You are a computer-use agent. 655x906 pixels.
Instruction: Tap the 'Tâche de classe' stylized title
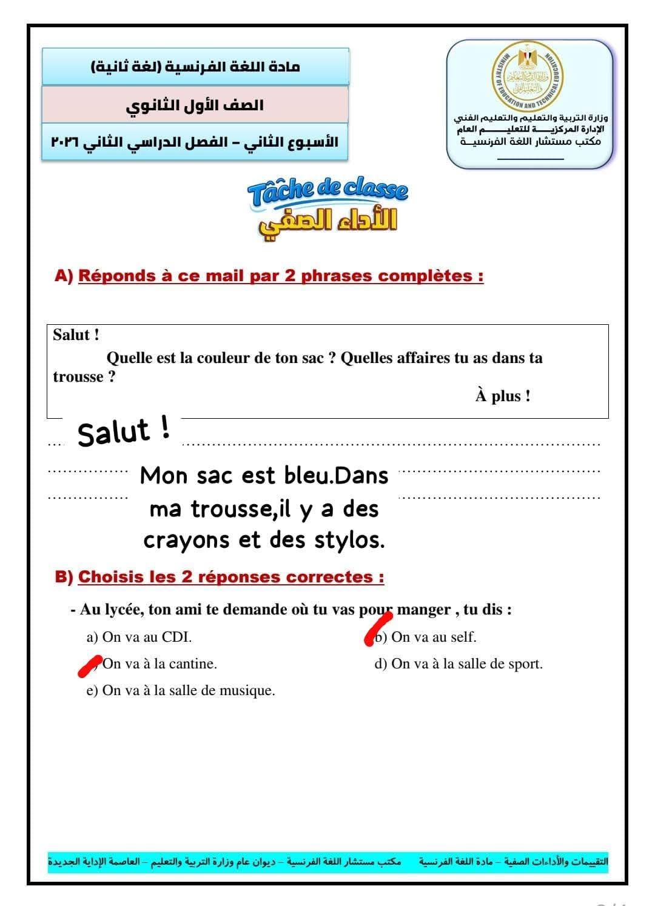pos(327,193)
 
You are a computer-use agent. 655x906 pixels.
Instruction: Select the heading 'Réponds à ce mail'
pos(281,276)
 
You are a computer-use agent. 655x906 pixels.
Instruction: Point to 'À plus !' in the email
pos(503,396)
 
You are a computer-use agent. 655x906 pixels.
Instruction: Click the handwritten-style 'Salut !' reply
pos(124,432)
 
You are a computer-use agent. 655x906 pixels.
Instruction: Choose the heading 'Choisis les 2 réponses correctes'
pos(230,577)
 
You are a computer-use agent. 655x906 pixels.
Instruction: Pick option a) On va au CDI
pos(139,637)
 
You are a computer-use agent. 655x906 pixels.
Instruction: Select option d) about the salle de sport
pos(458,664)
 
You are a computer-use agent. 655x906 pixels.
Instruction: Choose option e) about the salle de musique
pos(181,690)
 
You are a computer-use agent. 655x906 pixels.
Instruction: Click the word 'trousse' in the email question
pos(78,377)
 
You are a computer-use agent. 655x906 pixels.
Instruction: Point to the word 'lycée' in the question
pos(124,610)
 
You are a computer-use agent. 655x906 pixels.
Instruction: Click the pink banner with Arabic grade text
pos(195,105)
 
